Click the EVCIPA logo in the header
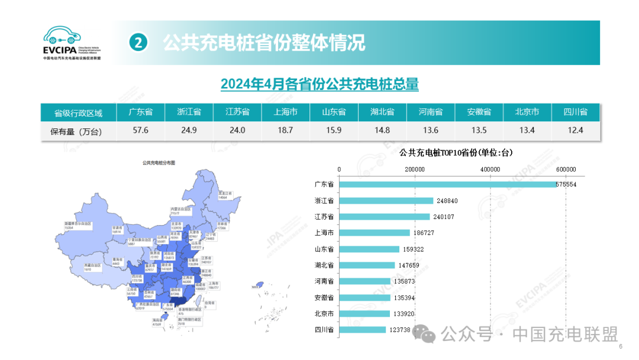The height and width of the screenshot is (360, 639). (72, 43)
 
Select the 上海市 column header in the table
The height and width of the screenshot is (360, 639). (285, 112)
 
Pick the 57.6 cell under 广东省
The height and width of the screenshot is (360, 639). (141, 131)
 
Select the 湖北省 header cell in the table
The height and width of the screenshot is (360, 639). (382, 112)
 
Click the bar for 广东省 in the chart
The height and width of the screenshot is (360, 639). (447, 185)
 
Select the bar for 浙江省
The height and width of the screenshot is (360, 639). (386, 201)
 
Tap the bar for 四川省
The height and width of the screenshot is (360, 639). (363, 329)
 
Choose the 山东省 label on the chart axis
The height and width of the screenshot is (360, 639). (324, 249)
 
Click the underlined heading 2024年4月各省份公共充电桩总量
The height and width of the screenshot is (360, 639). (319, 85)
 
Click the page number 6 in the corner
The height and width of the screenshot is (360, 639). (621, 347)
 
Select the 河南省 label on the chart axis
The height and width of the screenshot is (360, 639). (324, 281)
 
